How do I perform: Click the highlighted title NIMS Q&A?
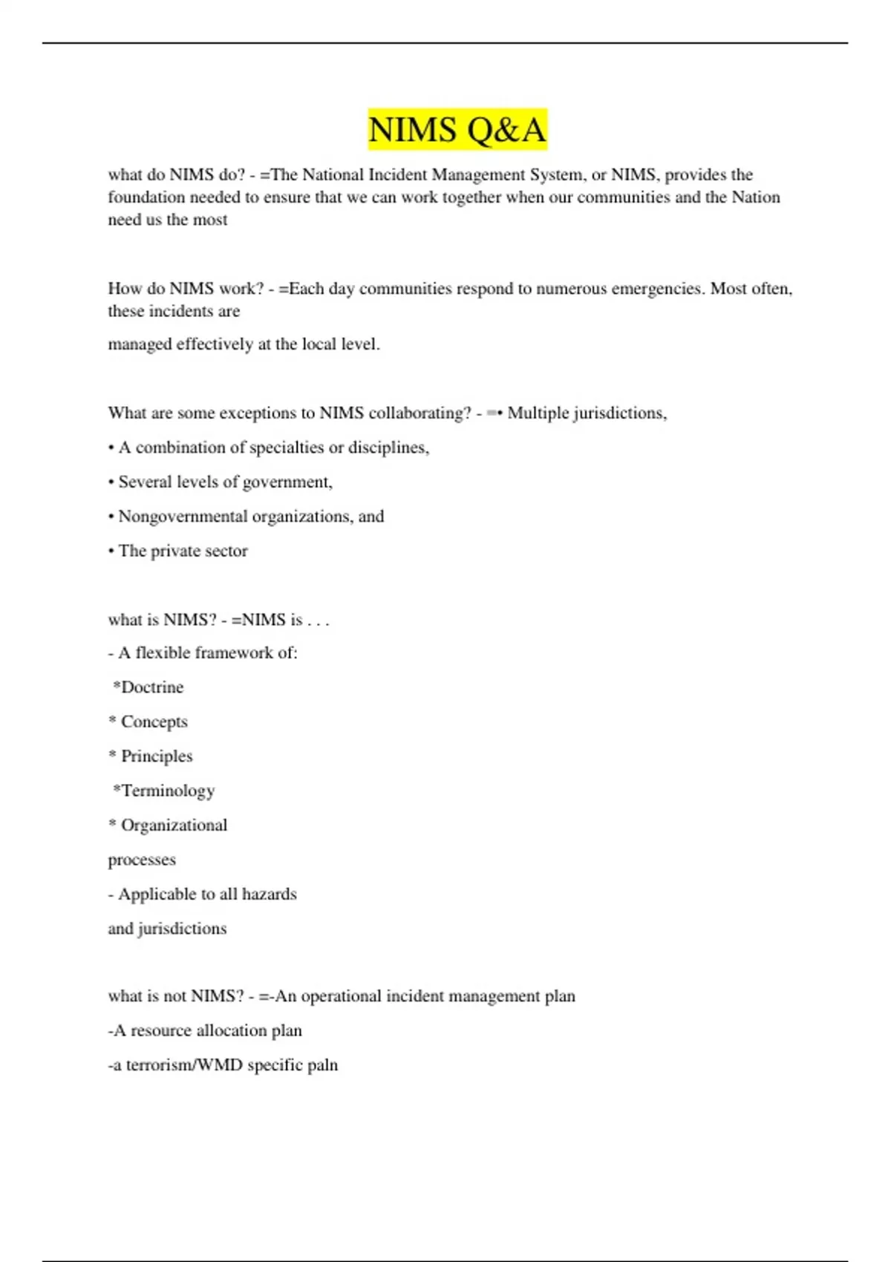coord(457,129)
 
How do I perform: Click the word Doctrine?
coord(152,687)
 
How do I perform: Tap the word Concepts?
coord(154,722)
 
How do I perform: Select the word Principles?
coord(157,756)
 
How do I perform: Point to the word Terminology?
coord(168,791)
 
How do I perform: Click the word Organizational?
coord(174,825)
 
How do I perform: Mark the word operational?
coord(341,996)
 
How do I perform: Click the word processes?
coord(142,860)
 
